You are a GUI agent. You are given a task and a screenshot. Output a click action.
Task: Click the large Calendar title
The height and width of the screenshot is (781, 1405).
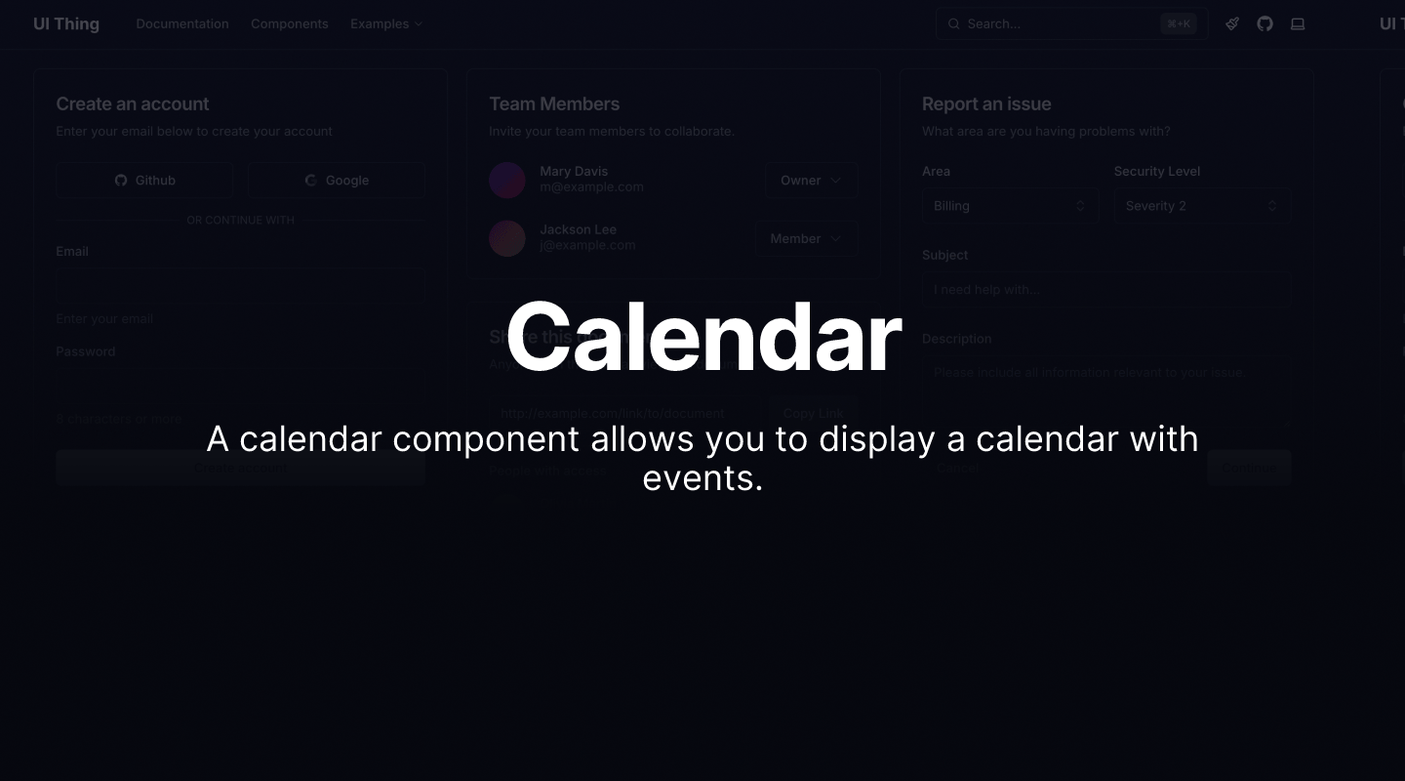coord(703,337)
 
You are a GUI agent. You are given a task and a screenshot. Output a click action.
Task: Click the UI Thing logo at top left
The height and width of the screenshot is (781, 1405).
coord(66,23)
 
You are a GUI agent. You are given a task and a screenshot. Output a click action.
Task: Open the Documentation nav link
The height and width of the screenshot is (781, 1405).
coord(182,23)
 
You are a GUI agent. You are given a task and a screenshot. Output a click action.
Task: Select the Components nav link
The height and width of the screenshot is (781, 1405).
coord(289,23)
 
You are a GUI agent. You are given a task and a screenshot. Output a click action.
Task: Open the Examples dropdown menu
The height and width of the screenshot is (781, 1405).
coord(386,23)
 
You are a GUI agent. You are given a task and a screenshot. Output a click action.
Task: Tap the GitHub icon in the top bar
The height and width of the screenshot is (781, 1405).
coord(1264,23)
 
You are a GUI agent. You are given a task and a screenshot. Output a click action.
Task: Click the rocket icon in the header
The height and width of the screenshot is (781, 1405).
coord(1232,23)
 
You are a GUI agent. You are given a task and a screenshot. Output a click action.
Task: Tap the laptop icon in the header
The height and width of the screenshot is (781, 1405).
coord(1298,23)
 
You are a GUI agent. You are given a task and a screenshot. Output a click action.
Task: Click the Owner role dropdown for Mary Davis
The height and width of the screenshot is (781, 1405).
coord(811,181)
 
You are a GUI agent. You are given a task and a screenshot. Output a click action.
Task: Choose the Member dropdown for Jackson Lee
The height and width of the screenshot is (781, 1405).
coord(806,239)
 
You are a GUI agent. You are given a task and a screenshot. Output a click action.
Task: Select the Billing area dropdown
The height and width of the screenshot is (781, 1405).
coord(1009,206)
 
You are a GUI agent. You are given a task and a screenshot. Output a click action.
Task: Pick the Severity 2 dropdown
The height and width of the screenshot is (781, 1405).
coord(1201,206)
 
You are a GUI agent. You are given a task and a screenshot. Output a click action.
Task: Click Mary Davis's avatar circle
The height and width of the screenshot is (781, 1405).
coord(507,180)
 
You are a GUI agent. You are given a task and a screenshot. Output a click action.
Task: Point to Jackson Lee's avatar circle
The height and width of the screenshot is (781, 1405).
coord(507,238)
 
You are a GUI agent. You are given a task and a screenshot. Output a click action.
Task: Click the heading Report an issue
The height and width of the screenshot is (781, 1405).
coord(986,103)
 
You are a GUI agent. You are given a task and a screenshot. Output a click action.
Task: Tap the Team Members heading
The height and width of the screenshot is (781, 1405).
coord(554,103)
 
